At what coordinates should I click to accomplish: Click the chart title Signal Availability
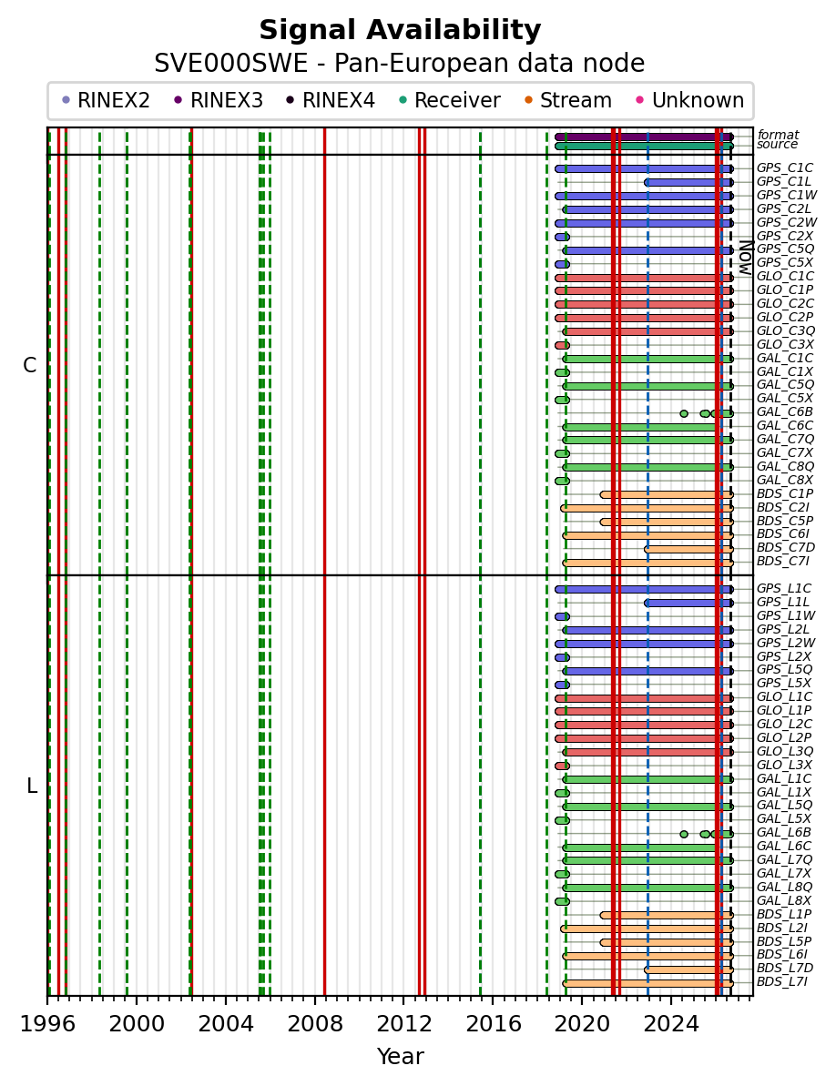click(400, 30)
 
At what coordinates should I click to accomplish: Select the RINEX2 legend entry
click(106, 100)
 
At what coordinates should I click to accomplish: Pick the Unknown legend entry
click(690, 100)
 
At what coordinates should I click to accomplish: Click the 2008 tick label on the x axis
click(314, 1024)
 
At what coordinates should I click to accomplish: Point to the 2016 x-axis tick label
click(493, 1024)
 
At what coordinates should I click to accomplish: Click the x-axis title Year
click(400, 1056)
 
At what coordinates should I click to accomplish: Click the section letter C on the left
click(29, 365)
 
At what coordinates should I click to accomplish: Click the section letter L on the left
click(31, 787)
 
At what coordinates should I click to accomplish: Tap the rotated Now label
click(745, 258)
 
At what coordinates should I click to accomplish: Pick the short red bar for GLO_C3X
click(562, 345)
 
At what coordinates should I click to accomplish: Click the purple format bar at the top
click(644, 137)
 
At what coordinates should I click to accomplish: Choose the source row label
click(777, 144)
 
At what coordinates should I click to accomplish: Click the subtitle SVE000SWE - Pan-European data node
click(400, 63)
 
